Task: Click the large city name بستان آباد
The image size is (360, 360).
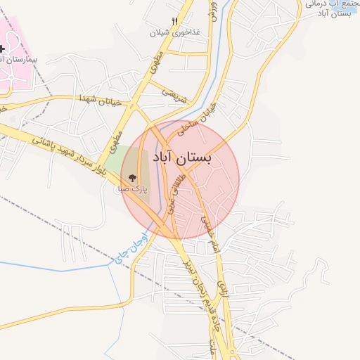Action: (x=181, y=159)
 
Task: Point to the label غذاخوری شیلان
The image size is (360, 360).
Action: (x=174, y=32)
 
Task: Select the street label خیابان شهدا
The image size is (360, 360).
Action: (x=101, y=100)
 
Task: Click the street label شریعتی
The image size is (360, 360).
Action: (x=176, y=96)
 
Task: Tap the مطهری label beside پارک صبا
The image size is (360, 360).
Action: (x=115, y=140)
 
